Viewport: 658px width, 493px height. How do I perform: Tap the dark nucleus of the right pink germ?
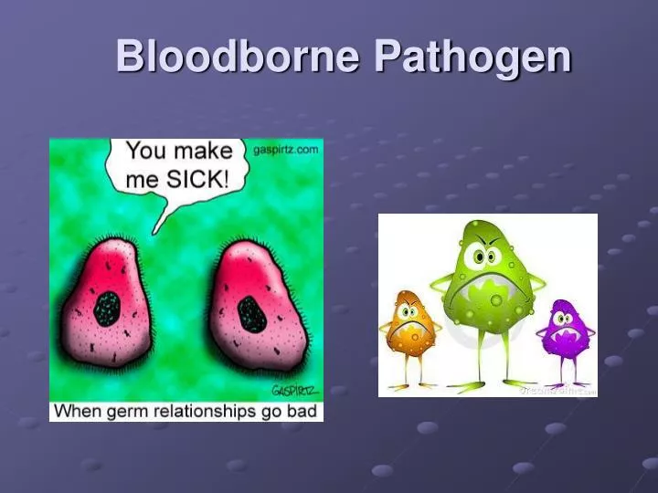point(251,314)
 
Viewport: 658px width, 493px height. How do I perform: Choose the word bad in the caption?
point(302,411)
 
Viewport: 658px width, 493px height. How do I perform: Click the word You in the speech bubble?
point(145,151)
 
